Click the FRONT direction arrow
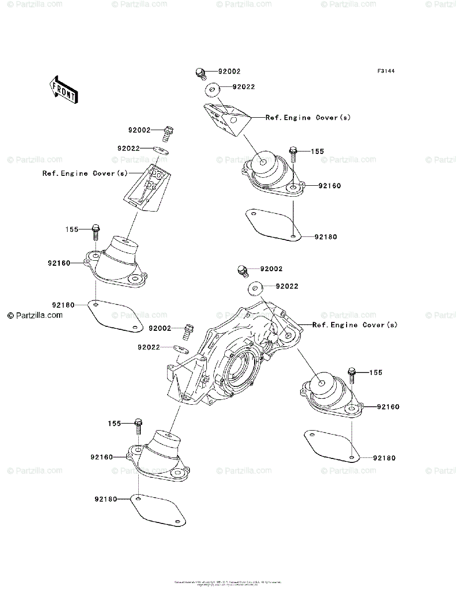pos(63,89)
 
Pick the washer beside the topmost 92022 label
pos(213,90)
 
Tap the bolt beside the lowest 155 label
pos(139,426)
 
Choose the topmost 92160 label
pos(330,186)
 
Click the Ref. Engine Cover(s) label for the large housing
pos(355,325)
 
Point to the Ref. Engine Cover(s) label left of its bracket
pos(85,173)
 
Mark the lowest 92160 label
pos(102,456)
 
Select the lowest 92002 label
pos(160,328)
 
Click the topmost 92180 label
pos(325,237)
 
